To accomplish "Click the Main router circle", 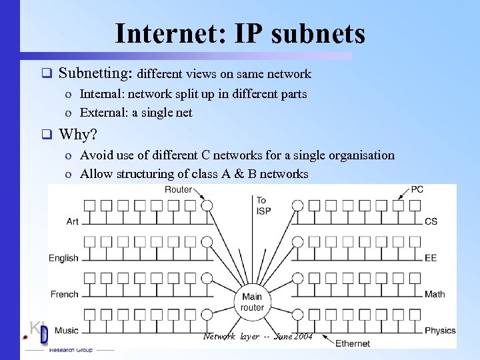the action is point(253,302).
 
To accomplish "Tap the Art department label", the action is point(72,221).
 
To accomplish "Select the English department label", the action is point(63,258).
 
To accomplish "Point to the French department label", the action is point(65,294).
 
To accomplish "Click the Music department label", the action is point(66,330).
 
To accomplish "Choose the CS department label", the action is point(431,221).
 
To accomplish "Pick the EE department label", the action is point(431,258).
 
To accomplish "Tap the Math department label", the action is point(435,294).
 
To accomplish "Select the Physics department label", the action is point(440,330).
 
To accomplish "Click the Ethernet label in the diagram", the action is point(353,343).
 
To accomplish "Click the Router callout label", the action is point(178,190).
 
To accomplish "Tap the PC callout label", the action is point(417,190).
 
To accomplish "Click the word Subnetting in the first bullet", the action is point(96,73).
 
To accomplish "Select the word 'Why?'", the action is point(78,135).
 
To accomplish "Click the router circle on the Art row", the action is point(207,205).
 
